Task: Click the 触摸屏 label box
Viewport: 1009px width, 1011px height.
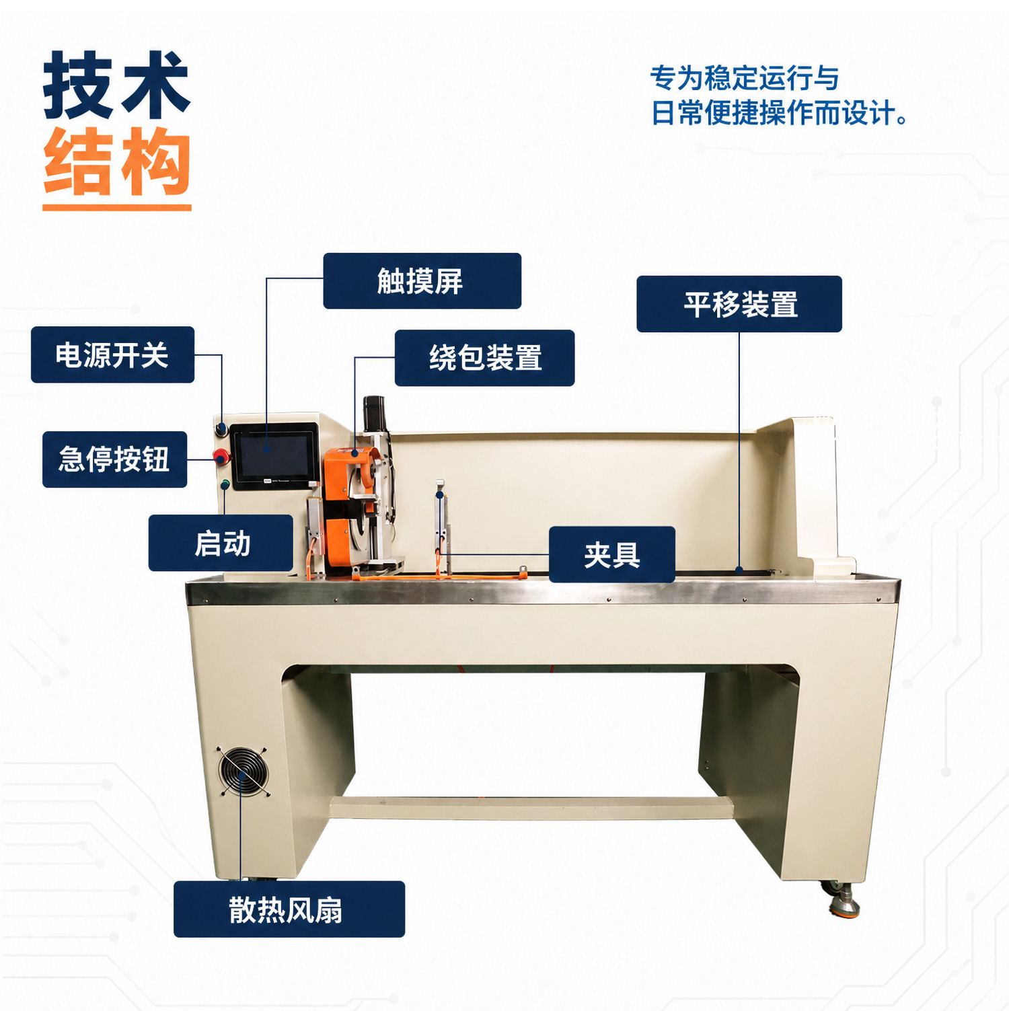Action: coord(422,280)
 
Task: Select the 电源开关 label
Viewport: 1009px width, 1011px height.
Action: coord(112,354)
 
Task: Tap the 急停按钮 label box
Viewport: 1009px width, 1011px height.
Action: coord(114,459)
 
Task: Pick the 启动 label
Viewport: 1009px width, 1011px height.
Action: coord(221,543)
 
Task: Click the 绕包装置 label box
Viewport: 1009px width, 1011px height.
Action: coord(484,358)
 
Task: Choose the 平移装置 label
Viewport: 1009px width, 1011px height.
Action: coord(739,304)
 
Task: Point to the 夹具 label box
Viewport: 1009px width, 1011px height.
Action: coord(611,554)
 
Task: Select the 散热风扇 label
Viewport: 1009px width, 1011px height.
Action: coord(289,909)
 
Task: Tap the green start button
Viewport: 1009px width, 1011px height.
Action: coord(225,484)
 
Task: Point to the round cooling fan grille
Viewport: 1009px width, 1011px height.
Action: coord(244,772)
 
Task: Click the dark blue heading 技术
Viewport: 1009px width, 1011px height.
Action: coord(117,85)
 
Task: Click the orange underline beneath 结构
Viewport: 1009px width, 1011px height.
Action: coord(117,207)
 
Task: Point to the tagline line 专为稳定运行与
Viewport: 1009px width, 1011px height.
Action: coord(745,78)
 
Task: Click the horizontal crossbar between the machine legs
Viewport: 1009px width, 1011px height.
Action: coord(531,807)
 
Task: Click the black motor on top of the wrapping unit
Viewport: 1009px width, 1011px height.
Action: coord(374,414)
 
